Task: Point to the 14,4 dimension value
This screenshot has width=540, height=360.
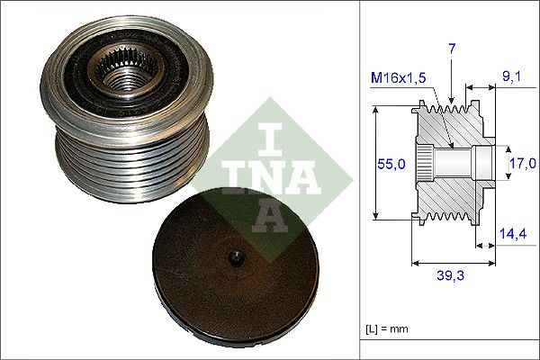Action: click(x=512, y=232)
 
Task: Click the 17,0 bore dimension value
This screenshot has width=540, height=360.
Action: click(x=522, y=163)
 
